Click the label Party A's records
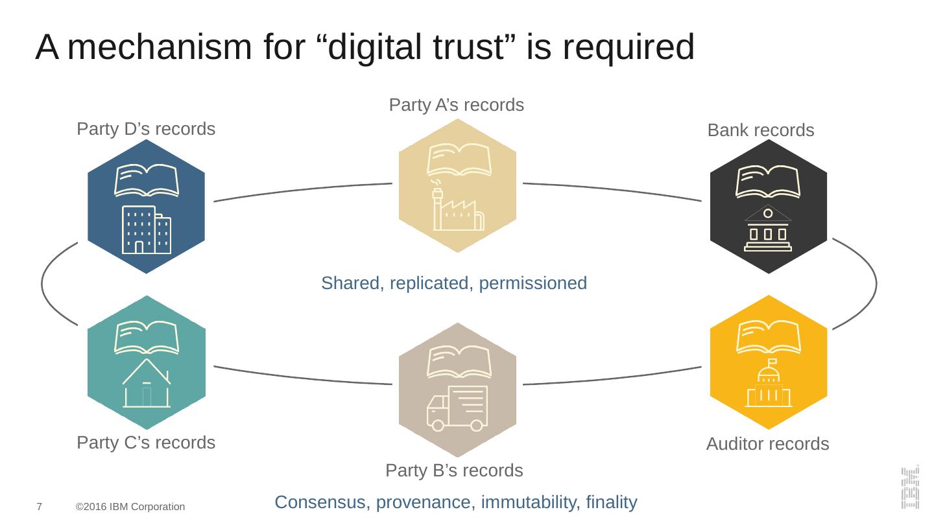(x=456, y=105)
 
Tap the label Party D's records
(x=146, y=130)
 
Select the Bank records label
(x=760, y=131)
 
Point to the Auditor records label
(x=767, y=445)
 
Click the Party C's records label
(x=146, y=443)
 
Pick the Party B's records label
(x=454, y=471)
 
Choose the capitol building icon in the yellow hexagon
(x=769, y=384)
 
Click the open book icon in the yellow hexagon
(x=769, y=338)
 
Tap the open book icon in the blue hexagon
(x=147, y=181)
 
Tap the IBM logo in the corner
(x=910, y=487)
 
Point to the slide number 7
(x=40, y=506)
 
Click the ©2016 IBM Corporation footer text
(x=130, y=507)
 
